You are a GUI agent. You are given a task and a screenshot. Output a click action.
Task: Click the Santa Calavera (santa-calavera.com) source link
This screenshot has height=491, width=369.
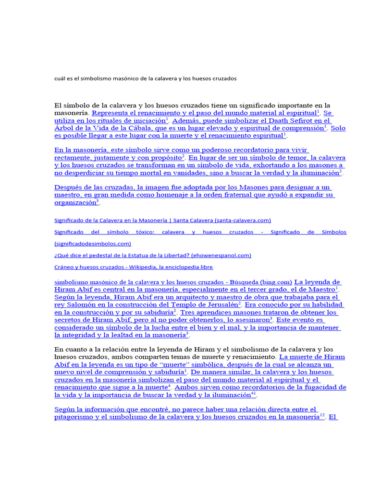[x=162, y=220]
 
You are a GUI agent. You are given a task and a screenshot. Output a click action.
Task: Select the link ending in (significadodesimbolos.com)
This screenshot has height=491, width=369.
[x=93, y=244]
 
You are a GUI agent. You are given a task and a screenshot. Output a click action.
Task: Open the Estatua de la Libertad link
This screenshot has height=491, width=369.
[x=152, y=255]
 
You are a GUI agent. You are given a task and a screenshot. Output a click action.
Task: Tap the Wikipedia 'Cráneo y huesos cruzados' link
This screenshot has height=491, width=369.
[x=134, y=267]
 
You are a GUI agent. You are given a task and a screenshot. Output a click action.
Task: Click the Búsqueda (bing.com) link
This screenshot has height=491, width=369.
[x=173, y=282]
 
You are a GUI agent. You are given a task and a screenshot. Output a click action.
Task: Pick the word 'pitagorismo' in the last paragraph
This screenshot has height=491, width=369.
[x=75, y=417]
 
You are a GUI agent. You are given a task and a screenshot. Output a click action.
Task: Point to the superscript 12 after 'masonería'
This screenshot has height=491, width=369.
[x=322, y=416]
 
